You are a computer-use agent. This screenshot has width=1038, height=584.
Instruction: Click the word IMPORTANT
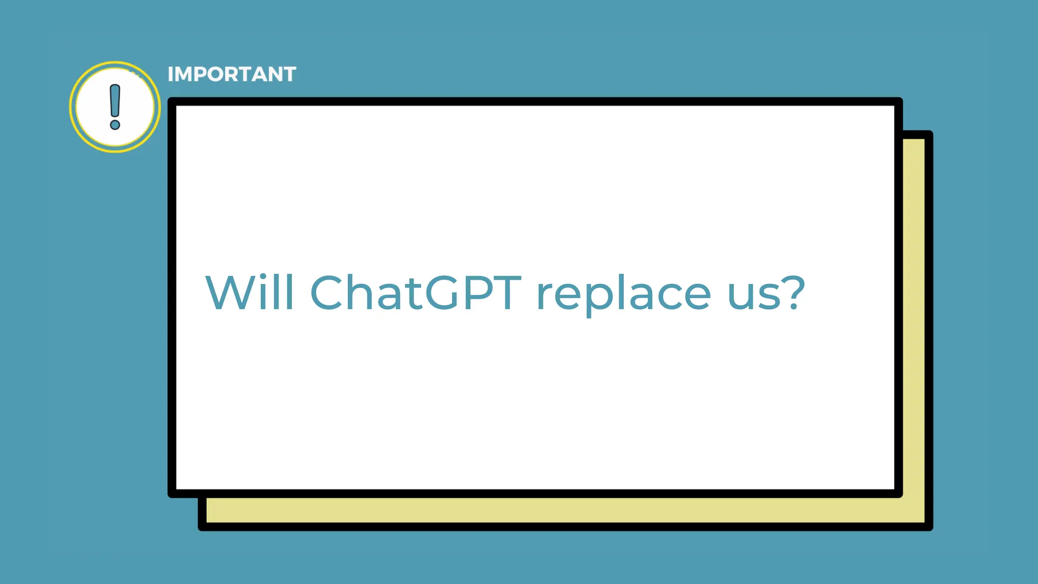[232, 75]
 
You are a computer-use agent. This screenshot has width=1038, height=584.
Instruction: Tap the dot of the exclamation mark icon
[115, 124]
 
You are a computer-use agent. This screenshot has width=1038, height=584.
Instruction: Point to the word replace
[624, 295]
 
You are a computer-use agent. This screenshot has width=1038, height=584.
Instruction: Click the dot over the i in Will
[263, 276]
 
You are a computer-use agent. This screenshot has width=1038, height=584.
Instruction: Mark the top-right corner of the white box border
[899, 101]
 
